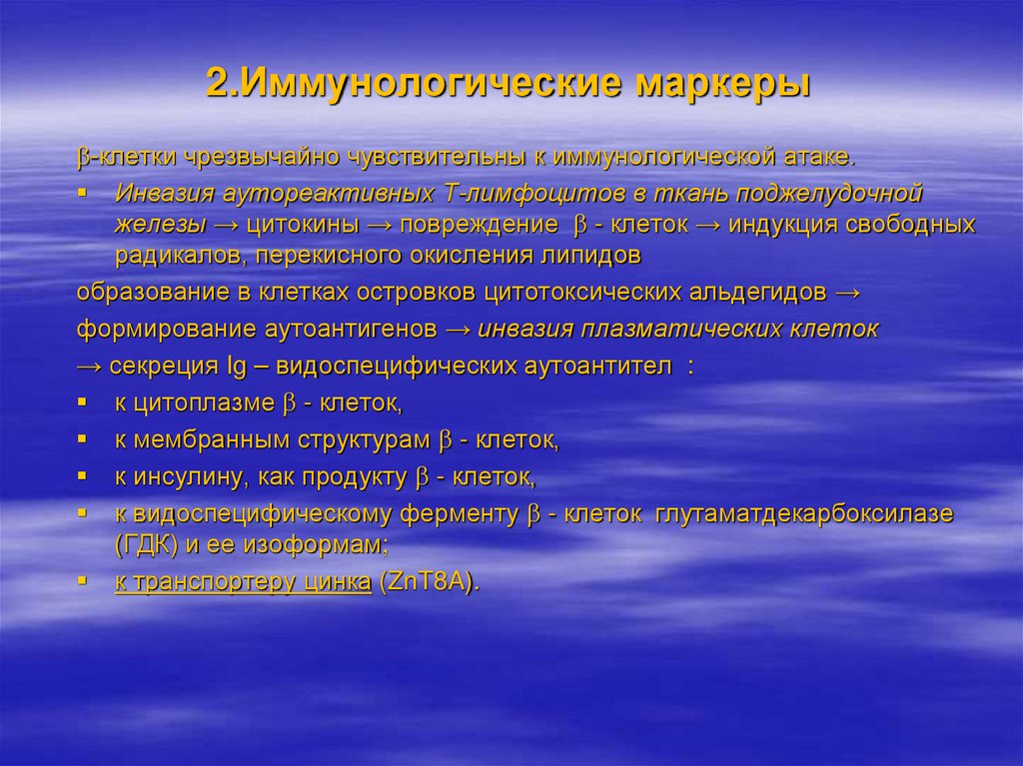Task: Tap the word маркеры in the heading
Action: point(721,83)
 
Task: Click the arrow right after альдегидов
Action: point(845,292)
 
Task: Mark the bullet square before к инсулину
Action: point(82,475)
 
